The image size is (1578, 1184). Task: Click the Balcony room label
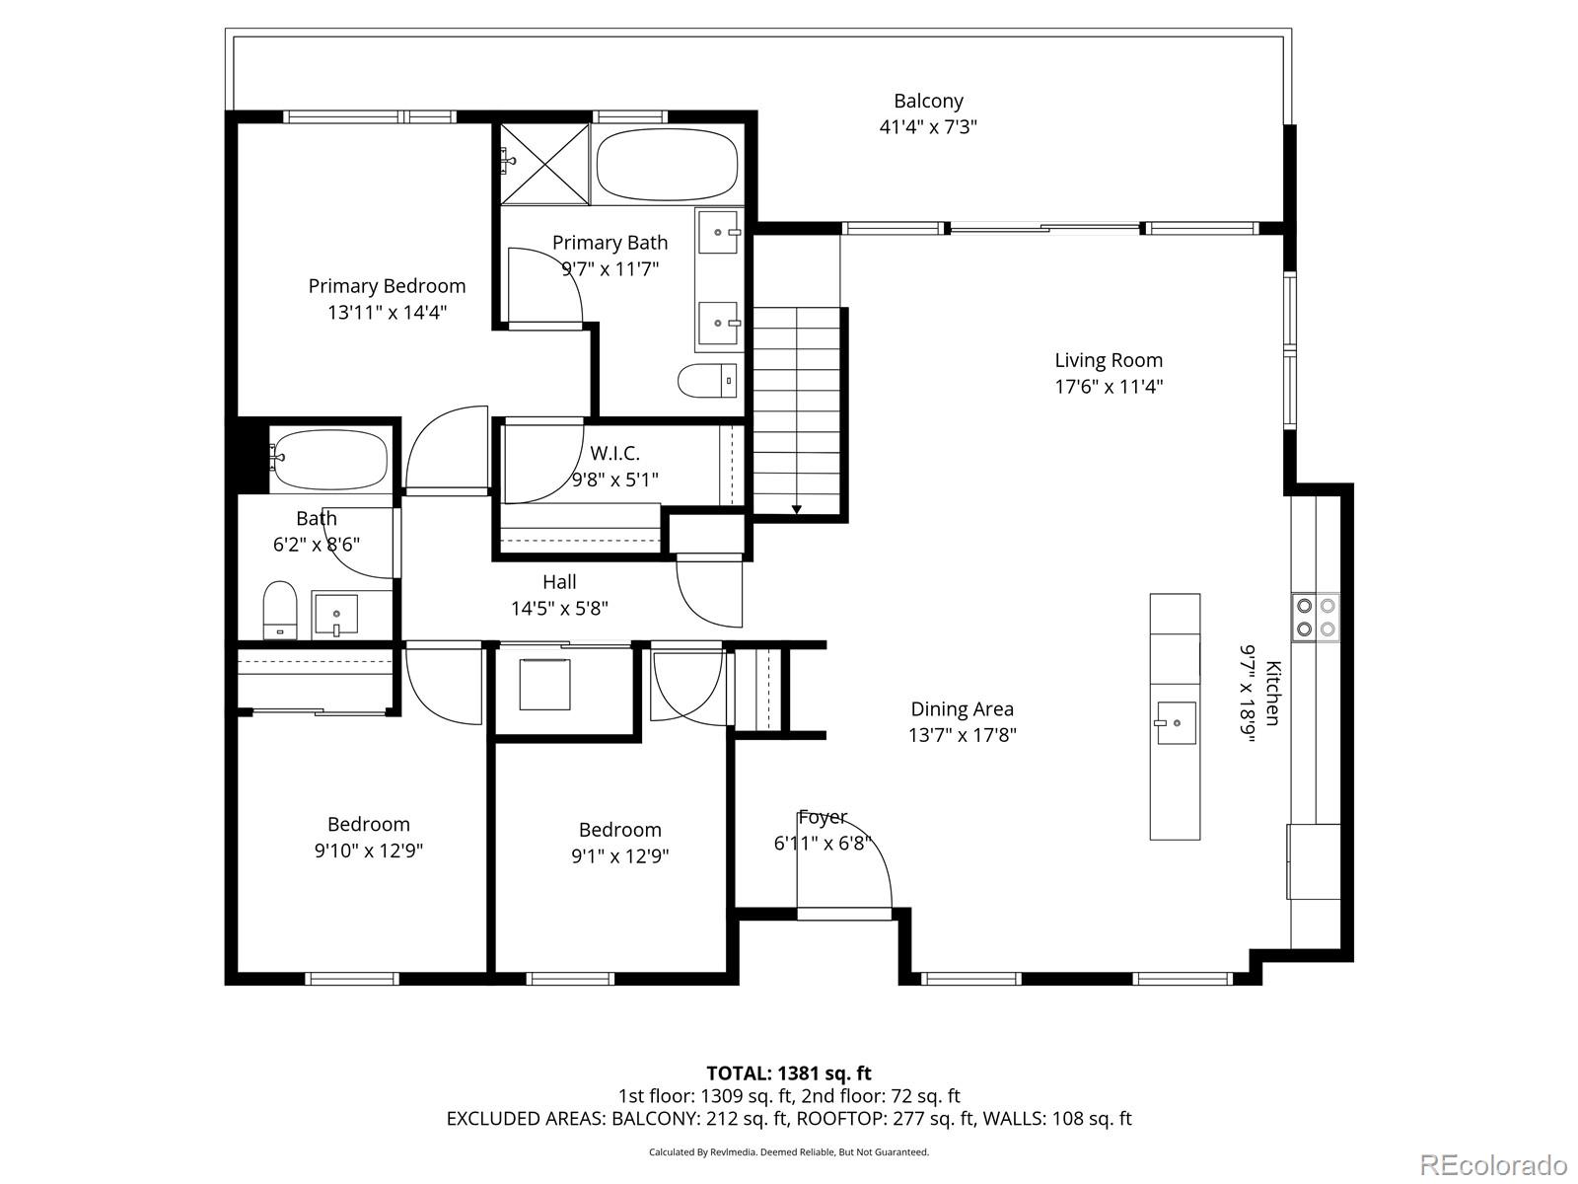pyautogui.click(x=928, y=101)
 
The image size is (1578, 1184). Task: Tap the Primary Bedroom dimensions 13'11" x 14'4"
pyautogui.click(x=387, y=313)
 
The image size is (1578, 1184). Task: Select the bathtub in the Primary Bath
pyautogui.click(x=668, y=164)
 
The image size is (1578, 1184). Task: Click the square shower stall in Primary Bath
pyautogui.click(x=544, y=164)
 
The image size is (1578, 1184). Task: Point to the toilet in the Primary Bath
pyautogui.click(x=708, y=380)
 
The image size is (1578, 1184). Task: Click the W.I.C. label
pyautogui.click(x=614, y=454)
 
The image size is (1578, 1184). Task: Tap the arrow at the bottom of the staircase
pyautogui.click(x=797, y=507)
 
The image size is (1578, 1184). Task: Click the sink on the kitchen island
pyautogui.click(x=1175, y=723)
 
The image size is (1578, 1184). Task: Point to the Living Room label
pyautogui.click(x=1109, y=360)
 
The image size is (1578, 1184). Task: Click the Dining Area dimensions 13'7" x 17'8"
pyautogui.click(x=962, y=735)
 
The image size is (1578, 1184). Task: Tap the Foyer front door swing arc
pyautogui.click(x=868, y=849)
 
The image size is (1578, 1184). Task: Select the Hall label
pyautogui.click(x=559, y=582)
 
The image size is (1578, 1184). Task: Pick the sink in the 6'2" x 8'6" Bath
pyautogui.click(x=336, y=616)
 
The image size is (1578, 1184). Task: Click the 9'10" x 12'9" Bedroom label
pyautogui.click(x=368, y=825)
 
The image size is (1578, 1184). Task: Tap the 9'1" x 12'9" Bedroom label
pyautogui.click(x=619, y=830)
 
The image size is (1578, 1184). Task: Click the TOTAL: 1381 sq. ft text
pyautogui.click(x=788, y=1073)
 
